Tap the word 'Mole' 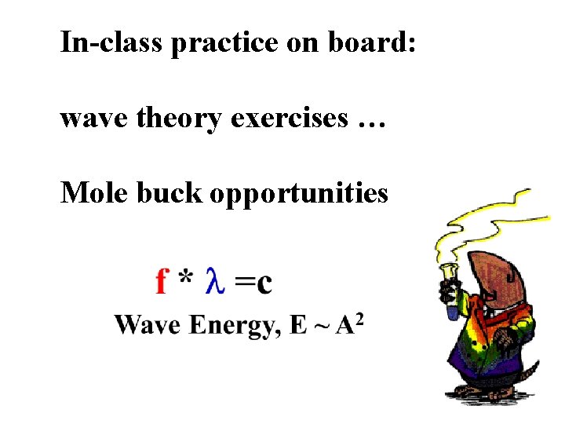[x=95, y=192]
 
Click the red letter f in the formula [x=162, y=280]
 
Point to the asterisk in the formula [x=185, y=277]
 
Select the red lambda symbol [x=216, y=280]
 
